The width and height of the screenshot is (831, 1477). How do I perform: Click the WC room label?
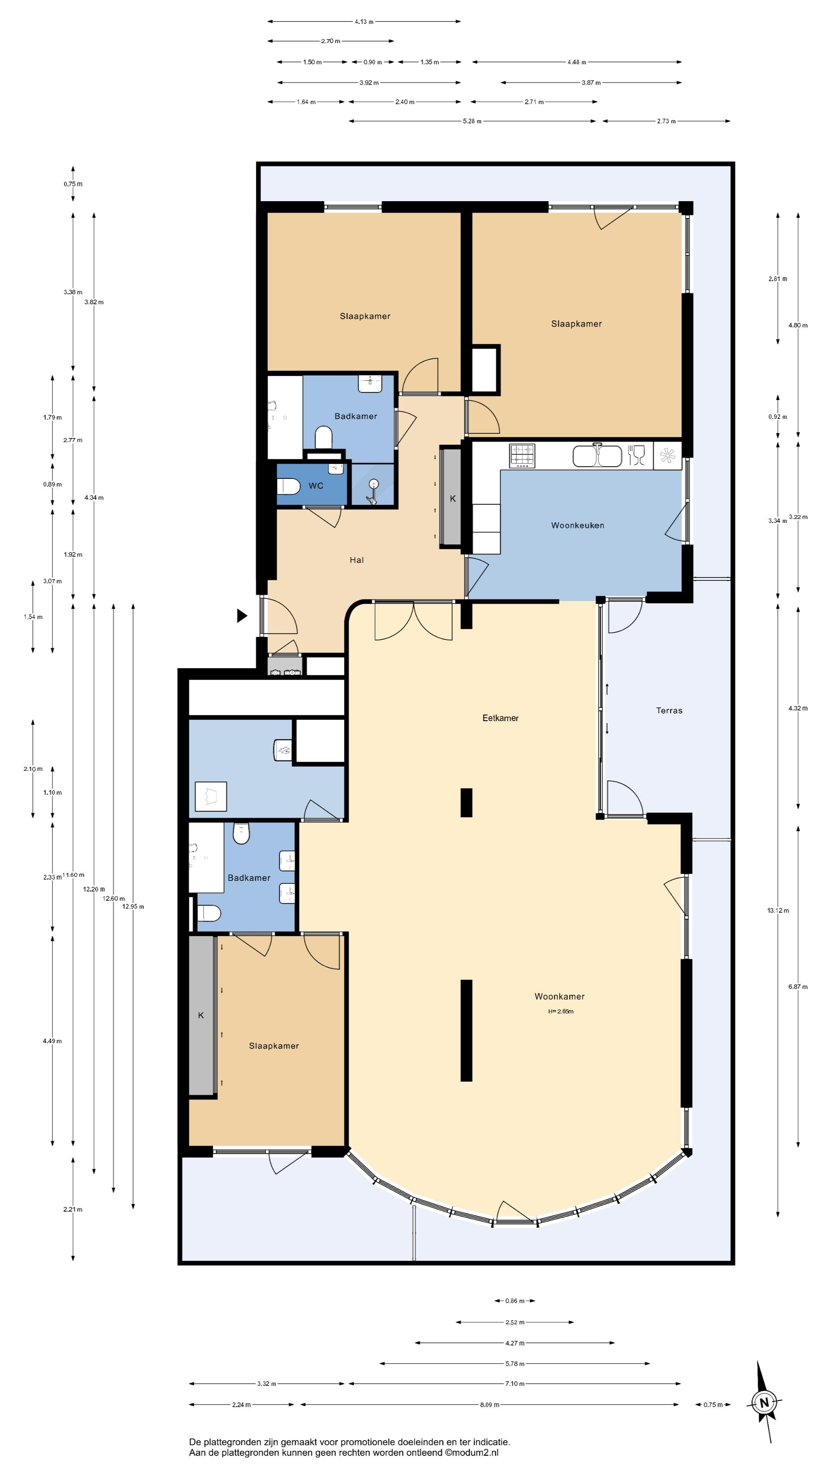(x=316, y=486)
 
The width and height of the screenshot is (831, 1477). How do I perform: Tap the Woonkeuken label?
(x=577, y=525)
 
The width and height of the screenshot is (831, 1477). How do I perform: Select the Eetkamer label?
(x=501, y=718)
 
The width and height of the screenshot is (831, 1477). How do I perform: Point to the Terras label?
(x=669, y=710)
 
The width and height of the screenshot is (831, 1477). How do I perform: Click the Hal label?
(x=357, y=560)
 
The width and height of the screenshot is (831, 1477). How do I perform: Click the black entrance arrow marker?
(x=242, y=616)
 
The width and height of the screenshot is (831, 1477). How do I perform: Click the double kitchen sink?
(x=597, y=456)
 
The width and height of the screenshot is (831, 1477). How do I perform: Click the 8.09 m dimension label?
(x=489, y=1405)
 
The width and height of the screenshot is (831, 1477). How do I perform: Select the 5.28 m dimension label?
(x=472, y=121)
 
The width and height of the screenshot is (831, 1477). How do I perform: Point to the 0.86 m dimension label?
(x=514, y=1301)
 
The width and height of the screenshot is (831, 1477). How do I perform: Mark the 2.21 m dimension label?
(x=73, y=1209)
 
